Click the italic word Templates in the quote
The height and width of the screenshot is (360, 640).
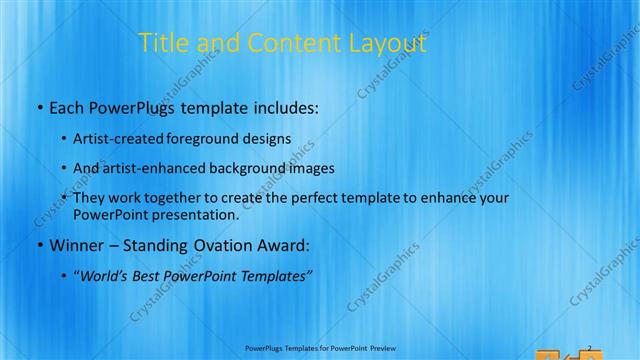point(281,275)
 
